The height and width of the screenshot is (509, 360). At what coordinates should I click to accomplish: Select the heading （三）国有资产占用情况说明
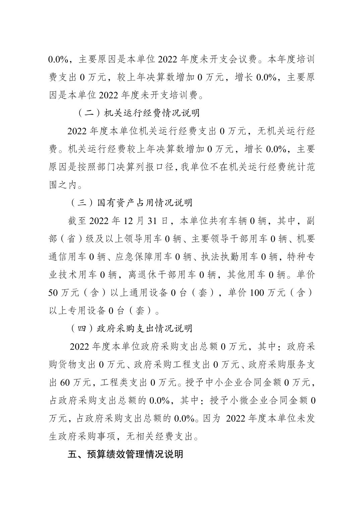131,203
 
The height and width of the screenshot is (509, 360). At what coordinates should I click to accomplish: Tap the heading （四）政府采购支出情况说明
131,328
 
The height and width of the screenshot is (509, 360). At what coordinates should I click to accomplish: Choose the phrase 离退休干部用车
162,275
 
